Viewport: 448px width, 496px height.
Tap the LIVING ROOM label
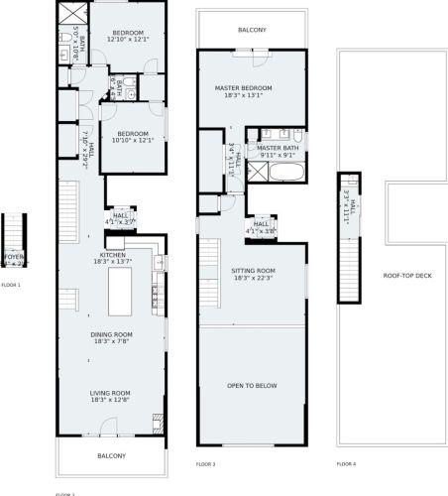[111, 396]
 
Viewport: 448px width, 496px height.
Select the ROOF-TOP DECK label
[406, 276]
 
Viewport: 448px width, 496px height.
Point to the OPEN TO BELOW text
[252, 385]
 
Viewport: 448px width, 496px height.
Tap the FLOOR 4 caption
[346, 463]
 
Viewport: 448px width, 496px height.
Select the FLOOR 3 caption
[205, 463]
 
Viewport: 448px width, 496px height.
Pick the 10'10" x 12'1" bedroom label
[132, 137]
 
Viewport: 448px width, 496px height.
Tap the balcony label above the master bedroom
[252, 31]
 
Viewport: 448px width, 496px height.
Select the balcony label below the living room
[111, 455]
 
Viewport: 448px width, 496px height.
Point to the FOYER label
[13, 259]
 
